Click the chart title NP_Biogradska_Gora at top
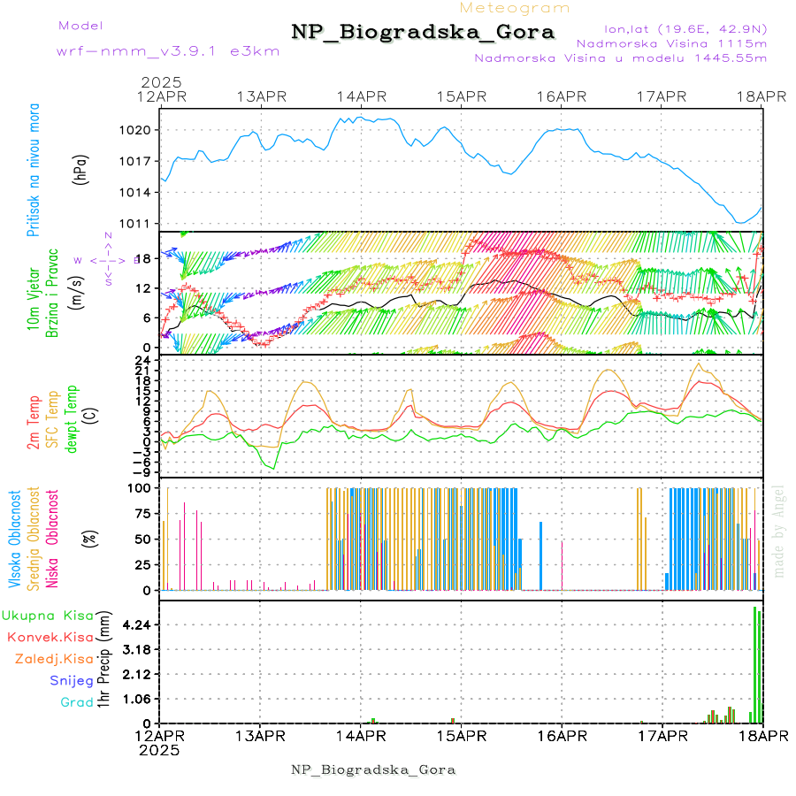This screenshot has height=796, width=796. pyautogui.click(x=423, y=33)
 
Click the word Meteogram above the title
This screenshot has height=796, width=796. pyautogui.click(x=515, y=8)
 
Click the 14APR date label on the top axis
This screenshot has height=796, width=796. pyautogui.click(x=361, y=96)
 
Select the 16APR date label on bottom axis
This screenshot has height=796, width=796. pyautogui.click(x=562, y=736)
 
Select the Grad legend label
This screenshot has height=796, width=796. pyautogui.click(x=76, y=702)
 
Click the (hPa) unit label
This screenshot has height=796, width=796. pyautogui.click(x=80, y=169)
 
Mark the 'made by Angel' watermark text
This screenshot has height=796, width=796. pyautogui.click(x=779, y=531)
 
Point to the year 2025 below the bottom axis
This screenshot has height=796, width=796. pyautogui.click(x=159, y=750)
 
